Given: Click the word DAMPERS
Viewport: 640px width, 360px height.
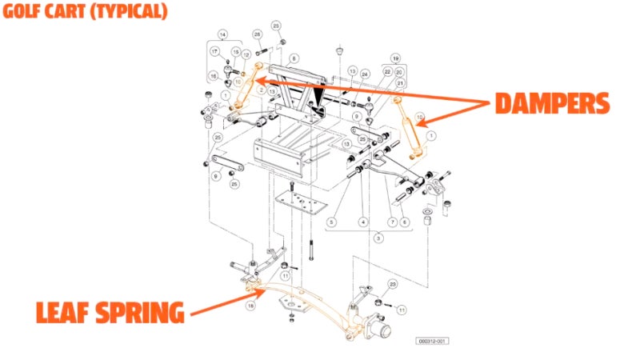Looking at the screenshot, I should pyautogui.click(x=551, y=103).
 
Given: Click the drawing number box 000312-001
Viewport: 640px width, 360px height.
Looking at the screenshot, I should pyautogui.click(x=433, y=341).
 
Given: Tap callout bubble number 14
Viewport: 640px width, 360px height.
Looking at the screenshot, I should pyautogui.click(x=222, y=34).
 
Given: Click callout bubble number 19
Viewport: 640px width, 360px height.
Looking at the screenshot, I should pyautogui.click(x=394, y=58).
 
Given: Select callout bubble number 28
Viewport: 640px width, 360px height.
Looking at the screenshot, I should pyautogui.click(x=257, y=34).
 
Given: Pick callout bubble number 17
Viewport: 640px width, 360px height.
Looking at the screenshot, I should pyautogui.click(x=215, y=51).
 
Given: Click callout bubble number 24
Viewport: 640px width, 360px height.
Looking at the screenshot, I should pyautogui.click(x=365, y=74).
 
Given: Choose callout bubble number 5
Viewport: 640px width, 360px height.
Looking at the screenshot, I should pyautogui.click(x=330, y=221).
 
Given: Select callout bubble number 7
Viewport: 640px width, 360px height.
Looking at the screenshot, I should pyautogui.click(x=392, y=222).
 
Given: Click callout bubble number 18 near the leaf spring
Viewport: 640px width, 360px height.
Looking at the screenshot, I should pyautogui.click(x=251, y=305).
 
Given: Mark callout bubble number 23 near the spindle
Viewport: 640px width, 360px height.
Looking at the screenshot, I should pyautogui.click(x=393, y=283).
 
